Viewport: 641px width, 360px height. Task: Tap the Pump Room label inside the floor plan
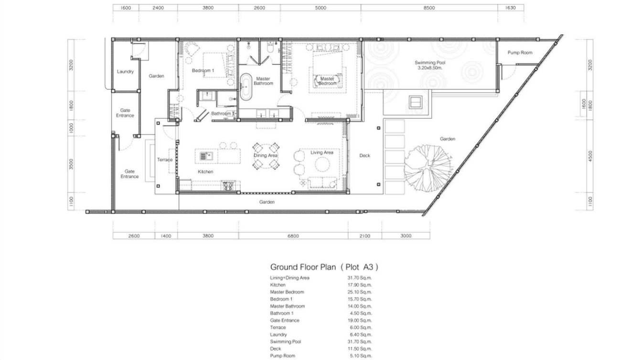[x=520, y=53]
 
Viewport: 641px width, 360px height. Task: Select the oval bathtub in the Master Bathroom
[x=246, y=87]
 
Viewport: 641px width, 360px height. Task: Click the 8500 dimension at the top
[x=429, y=8]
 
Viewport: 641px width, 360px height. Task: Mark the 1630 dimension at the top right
[x=510, y=8]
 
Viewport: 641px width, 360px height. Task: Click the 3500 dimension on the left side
[x=71, y=164]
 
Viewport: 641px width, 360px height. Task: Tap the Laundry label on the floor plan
[x=125, y=72]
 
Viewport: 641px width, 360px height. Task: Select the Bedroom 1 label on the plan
[x=203, y=71]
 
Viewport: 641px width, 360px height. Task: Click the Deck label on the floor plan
[x=364, y=156]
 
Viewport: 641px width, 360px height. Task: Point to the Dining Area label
[x=266, y=156]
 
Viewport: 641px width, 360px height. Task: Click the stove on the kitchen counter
[x=228, y=186]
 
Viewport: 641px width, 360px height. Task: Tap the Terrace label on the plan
[x=165, y=159]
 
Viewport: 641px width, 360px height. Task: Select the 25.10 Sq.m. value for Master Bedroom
[x=359, y=292]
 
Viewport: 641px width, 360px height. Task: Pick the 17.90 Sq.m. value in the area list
[x=359, y=285]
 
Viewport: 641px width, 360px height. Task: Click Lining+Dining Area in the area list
[x=289, y=277]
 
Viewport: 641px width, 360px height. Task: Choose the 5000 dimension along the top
[x=320, y=8]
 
